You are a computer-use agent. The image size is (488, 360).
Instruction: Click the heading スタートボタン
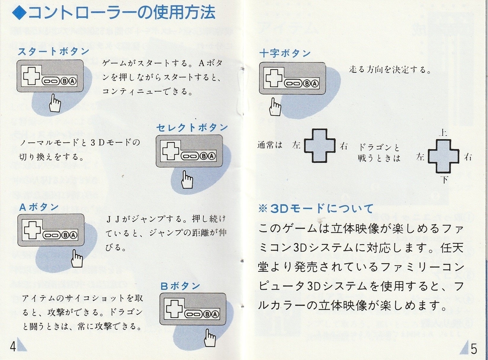pyautogui.click(x=53, y=52)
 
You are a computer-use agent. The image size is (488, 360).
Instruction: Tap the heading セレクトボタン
pyautogui.click(x=192, y=128)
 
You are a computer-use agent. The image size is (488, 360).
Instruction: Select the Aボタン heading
pyautogui.click(x=39, y=207)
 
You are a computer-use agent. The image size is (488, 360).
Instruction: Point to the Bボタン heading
pyautogui.click(x=180, y=286)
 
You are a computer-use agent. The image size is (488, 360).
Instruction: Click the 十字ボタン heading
pyautogui.click(x=285, y=53)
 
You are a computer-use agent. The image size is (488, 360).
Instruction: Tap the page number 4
pyautogui.click(x=13, y=347)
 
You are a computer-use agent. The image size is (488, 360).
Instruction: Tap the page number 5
pyautogui.click(x=474, y=349)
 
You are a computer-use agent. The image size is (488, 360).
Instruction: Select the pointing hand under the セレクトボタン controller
pyautogui.click(x=187, y=179)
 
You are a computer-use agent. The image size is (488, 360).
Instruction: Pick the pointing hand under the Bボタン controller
pyautogui.click(x=210, y=338)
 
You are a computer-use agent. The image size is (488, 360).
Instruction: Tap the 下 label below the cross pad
pyautogui.click(x=444, y=179)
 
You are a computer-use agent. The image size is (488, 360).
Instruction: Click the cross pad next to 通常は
pyautogui.click(x=319, y=146)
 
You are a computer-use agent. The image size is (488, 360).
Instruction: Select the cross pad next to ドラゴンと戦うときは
pyautogui.click(x=444, y=156)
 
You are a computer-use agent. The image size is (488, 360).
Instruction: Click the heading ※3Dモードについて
pyautogui.click(x=316, y=209)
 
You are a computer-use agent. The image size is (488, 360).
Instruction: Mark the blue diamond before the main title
pyautogui.click(x=18, y=14)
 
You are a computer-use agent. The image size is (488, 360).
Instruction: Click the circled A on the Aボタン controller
pyautogui.click(x=72, y=235)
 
